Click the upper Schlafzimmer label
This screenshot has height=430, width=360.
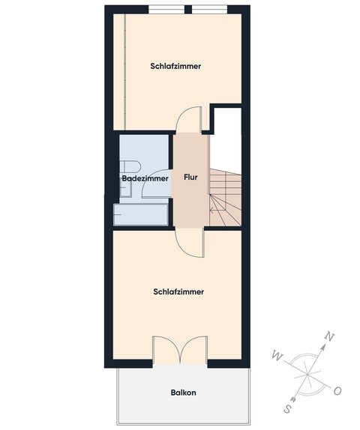coord(175,66)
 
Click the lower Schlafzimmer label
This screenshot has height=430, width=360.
coord(178,292)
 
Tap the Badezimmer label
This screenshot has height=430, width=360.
coord(144,179)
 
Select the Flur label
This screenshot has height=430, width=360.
coord(190,178)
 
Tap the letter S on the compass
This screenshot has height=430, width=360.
coord(289,410)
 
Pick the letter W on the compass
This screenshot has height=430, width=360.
coord(275,354)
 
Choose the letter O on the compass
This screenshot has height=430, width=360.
coord(337,390)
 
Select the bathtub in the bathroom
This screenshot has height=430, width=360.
coord(141,215)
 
